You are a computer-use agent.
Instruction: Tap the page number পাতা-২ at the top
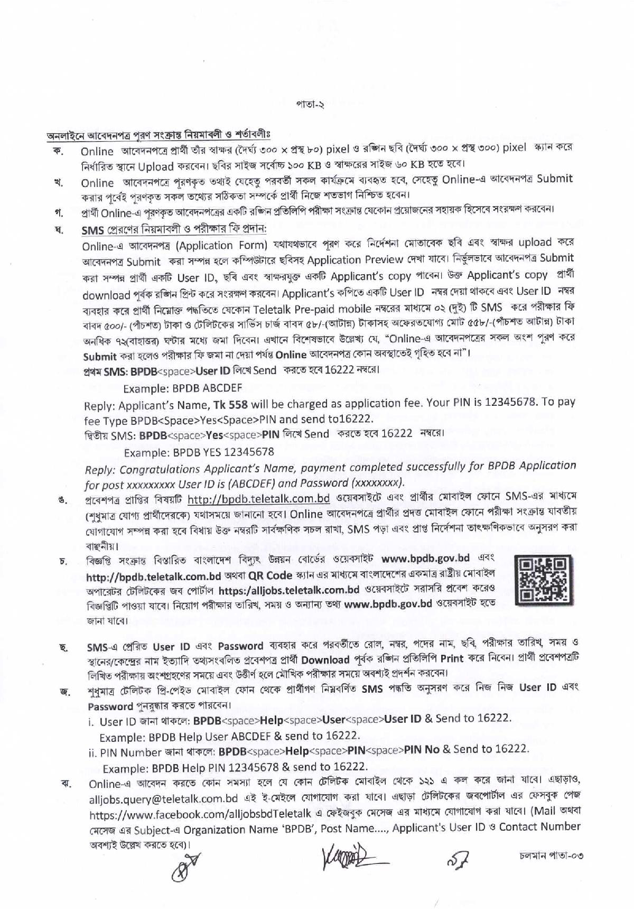point(310,105)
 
